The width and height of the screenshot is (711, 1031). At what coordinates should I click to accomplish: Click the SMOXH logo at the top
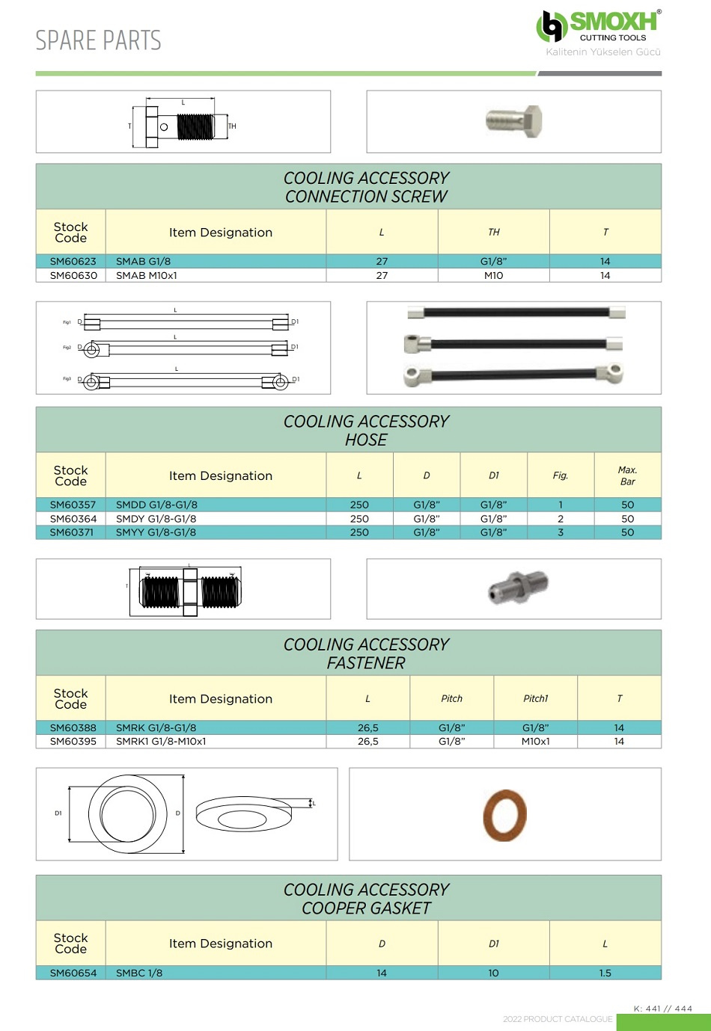pyautogui.click(x=599, y=27)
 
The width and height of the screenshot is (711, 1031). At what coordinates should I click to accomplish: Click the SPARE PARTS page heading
pyautogui.click(x=98, y=40)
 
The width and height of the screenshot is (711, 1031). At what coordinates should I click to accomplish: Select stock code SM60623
pyautogui.click(x=73, y=262)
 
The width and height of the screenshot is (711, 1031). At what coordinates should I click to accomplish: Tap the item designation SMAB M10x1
pyautogui.click(x=147, y=276)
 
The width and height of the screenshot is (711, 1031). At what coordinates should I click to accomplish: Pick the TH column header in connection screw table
pyautogui.click(x=494, y=233)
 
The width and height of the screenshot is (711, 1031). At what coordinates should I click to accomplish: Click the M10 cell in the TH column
pyautogui.click(x=494, y=276)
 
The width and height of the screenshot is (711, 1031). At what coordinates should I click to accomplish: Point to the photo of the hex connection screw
pyautogui.click(x=514, y=120)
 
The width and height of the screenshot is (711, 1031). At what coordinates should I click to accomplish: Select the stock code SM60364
pyautogui.click(x=73, y=519)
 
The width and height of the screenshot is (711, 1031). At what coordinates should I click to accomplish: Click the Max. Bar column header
pyautogui.click(x=627, y=476)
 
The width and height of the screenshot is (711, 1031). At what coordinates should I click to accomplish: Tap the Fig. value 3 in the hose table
pyautogui.click(x=561, y=533)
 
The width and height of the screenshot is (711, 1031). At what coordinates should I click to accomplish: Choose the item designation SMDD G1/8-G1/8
pyautogui.click(x=156, y=505)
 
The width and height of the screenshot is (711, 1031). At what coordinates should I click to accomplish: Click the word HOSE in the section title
pyautogui.click(x=366, y=440)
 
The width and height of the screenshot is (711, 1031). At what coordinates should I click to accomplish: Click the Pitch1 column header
pyautogui.click(x=535, y=699)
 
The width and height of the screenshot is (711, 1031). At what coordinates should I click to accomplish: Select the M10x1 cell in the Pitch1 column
pyautogui.click(x=535, y=742)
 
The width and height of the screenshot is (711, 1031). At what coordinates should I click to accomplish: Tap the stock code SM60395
pyautogui.click(x=73, y=742)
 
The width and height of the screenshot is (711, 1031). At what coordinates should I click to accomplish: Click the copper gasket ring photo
pyautogui.click(x=505, y=815)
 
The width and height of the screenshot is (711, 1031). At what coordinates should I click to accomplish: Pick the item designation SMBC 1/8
pyautogui.click(x=139, y=973)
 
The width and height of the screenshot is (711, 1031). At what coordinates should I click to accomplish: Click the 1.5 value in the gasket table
pyautogui.click(x=605, y=973)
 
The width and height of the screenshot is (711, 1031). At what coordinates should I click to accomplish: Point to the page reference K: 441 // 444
pyautogui.click(x=662, y=1009)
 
